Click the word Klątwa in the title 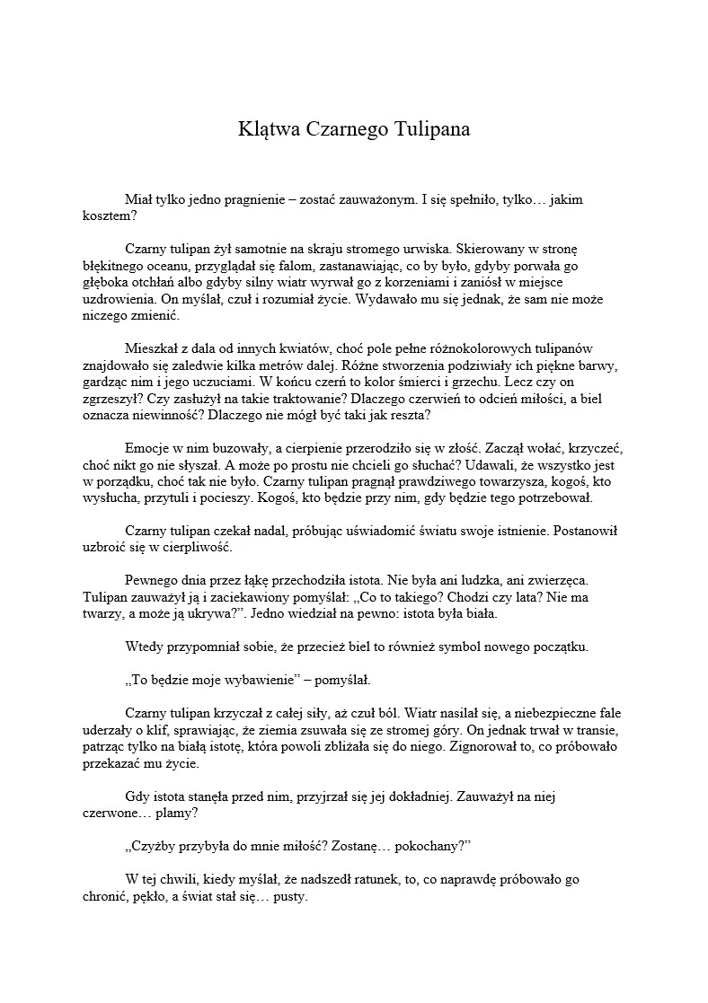tap(267, 128)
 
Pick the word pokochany tap(428, 847)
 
